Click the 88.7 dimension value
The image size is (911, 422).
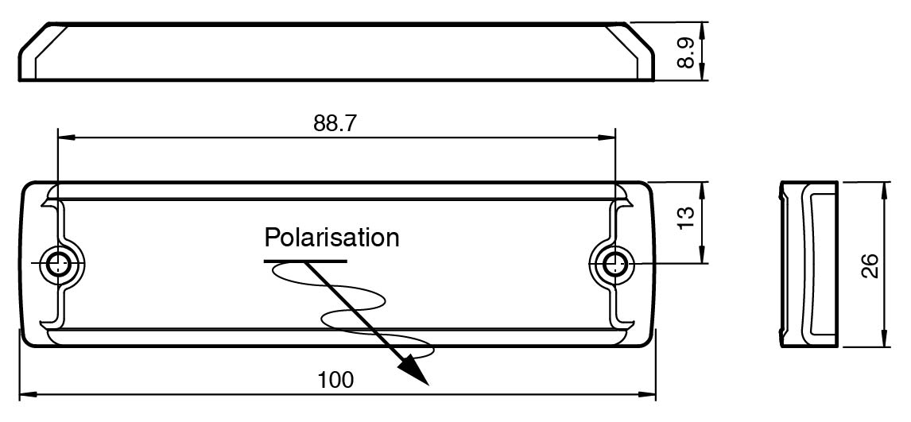click(335, 123)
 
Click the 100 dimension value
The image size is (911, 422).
click(335, 380)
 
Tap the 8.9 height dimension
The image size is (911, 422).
click(687, 52)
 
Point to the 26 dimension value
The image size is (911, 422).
click(870, 266)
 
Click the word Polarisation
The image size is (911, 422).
click(331, 238)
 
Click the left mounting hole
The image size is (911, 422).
click(56, 265)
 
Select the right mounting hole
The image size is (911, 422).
click(611, 265)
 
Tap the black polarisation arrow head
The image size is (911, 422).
click(413, 370)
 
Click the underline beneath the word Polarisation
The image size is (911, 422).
click(305, 261)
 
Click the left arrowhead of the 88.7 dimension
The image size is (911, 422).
click(66, 137)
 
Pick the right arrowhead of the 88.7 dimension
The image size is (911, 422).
click(607, 137)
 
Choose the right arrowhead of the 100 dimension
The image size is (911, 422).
click(646, 395)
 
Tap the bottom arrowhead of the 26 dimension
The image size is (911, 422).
click(885, 339)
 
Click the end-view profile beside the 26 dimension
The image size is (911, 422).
click(808, 265)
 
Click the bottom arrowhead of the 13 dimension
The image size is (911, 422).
click(702, 255)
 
